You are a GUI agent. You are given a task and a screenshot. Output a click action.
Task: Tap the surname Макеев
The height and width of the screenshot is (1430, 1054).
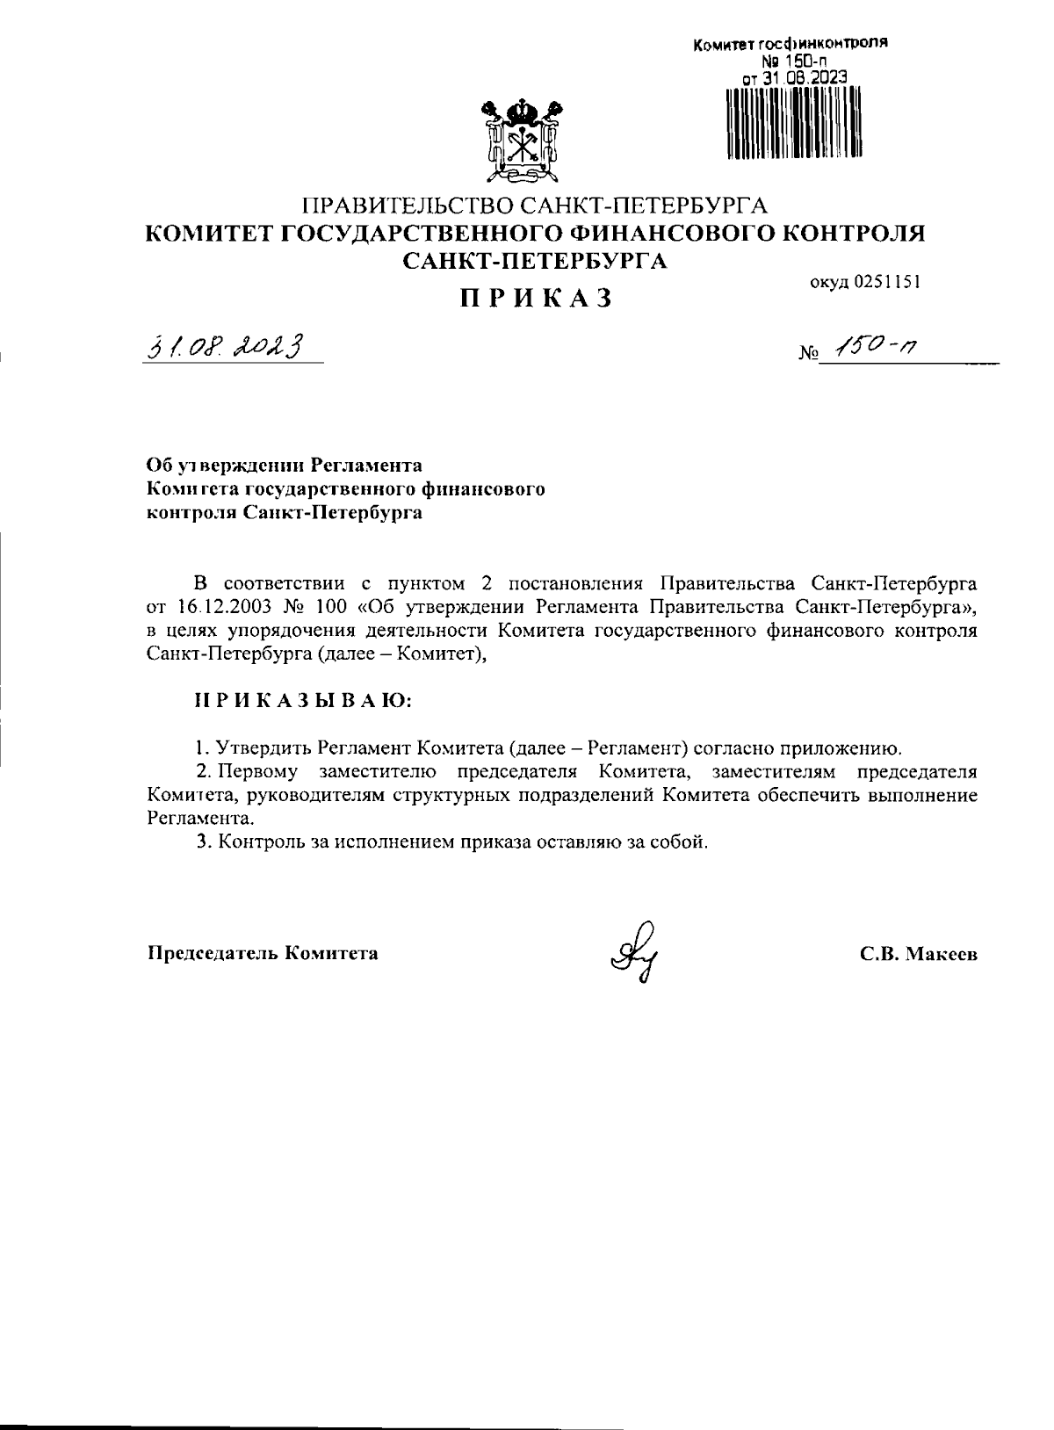(x=941, y=954)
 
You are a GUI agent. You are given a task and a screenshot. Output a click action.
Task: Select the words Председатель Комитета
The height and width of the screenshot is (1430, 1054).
(x=263, y=953)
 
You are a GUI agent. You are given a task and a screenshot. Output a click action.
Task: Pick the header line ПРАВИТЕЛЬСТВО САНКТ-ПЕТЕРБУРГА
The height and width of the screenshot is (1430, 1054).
(x=535, y=206)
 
